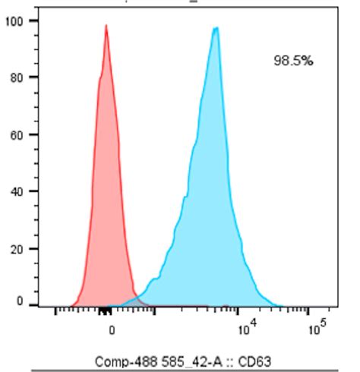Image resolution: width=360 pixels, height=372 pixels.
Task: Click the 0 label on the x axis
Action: coord(112,330)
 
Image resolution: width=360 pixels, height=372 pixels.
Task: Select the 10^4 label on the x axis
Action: coord(245,329)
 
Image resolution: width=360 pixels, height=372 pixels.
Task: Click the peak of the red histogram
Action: coord(106,26)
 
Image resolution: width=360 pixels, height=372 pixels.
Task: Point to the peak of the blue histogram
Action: coord(216,28)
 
